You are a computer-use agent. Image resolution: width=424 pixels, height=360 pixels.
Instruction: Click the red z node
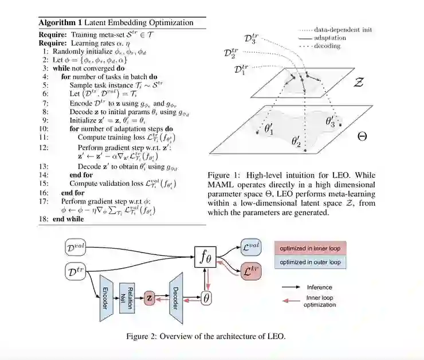[x=150, y=298]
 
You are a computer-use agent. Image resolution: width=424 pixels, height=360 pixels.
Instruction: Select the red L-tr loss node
[x=250, y=269]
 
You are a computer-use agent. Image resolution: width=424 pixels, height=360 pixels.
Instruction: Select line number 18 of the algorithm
[x=44, y=220]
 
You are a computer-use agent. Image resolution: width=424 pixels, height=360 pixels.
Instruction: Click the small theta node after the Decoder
[x=205, y=298]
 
